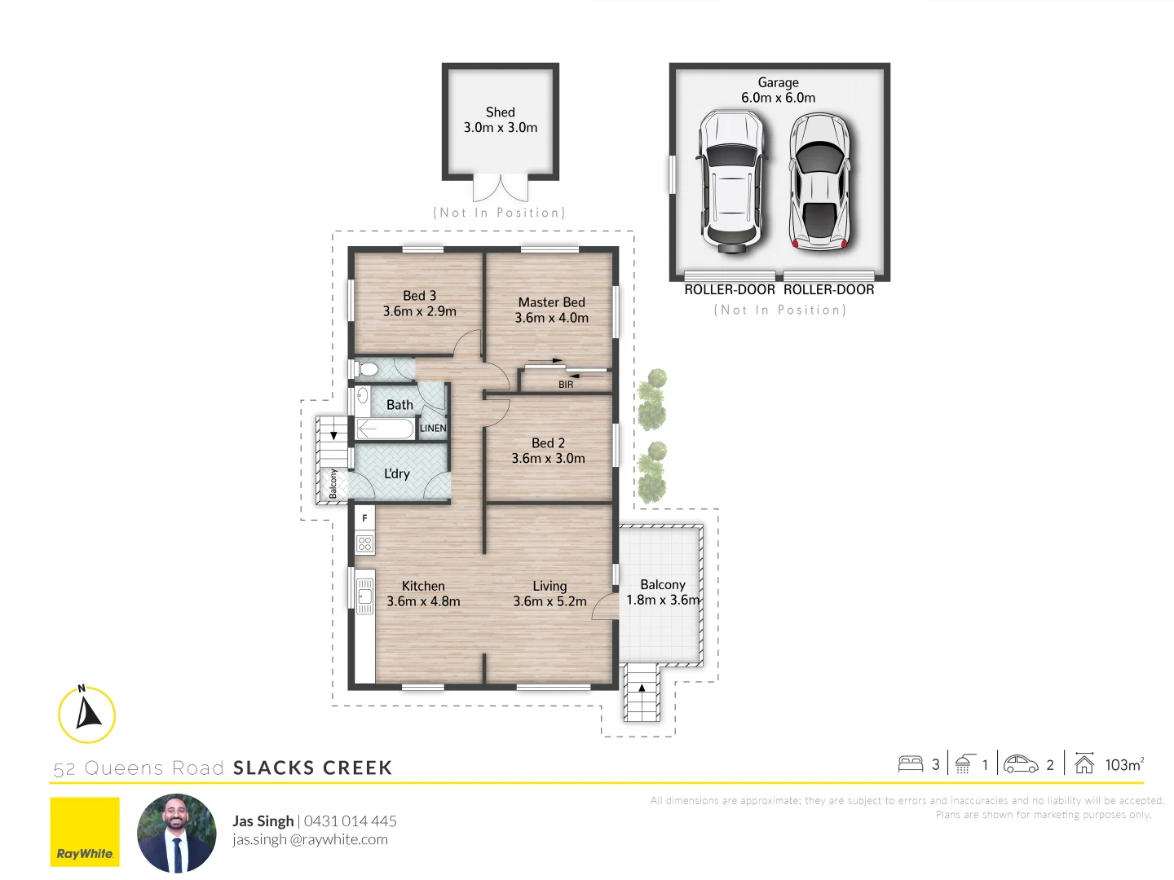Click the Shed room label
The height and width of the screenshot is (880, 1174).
click(x=500, y=112)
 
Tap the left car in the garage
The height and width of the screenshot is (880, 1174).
click(x=730, y=179)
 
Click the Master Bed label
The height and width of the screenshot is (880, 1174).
click(x=551, y=302)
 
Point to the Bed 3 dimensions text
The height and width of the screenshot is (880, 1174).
click(x=419, y=311)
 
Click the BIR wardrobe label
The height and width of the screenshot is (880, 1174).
click(x=566, y=385)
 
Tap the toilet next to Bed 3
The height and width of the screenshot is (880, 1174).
click(x=367, y=370)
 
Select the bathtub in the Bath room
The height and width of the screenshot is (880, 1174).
click(x=386, y=429)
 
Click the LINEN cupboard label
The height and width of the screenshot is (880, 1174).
click(x=433, y=429)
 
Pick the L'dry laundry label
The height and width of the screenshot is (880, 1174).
click(x=397, y=474)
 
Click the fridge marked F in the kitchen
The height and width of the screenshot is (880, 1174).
click(x=364, y=518)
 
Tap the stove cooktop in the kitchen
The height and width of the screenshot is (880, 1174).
click(x=364, y=543)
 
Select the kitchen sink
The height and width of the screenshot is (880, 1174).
click(x=364, y=596)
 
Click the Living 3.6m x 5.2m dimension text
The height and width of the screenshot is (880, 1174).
click(x=549, y=601)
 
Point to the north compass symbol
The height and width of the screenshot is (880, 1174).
click(x=87, y=715)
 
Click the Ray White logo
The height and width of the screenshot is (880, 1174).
click(x=85, y=832)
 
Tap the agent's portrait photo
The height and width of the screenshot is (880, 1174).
click(x=177, y=833)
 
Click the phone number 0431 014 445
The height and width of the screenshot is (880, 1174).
click(x=350, y=821)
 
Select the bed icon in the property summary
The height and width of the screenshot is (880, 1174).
click(x=910, y=764)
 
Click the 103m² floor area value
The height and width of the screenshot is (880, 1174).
click(x=1123, y=764)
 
